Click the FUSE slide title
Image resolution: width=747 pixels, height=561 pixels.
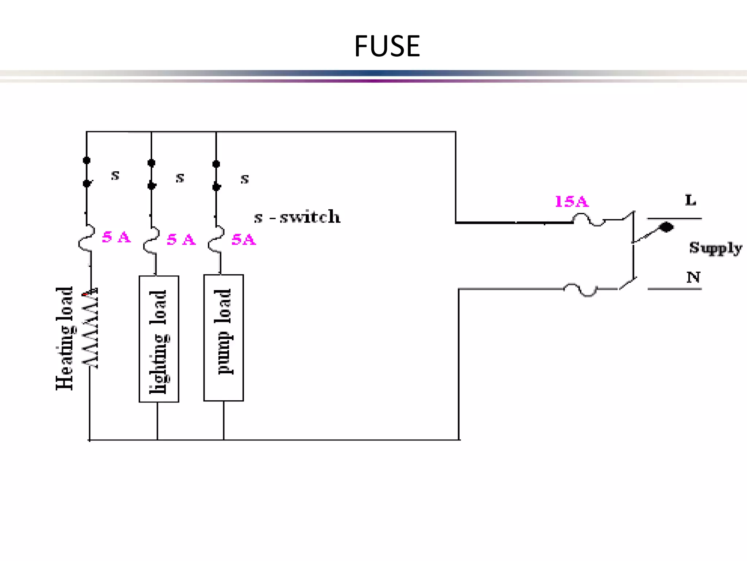point(387,46)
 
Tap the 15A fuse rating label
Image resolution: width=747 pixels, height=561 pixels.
point(571,202)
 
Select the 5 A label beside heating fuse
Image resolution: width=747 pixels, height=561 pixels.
point(116,237)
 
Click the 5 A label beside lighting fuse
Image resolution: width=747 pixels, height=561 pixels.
point(181,240)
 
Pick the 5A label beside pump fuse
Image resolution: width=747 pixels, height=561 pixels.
point(244,240)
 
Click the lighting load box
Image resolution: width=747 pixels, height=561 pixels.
point(159,339)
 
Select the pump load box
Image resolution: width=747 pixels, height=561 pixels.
point(223,338)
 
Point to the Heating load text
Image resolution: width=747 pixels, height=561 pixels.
point(65,338)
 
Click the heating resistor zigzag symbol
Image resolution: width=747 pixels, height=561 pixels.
point(90,329)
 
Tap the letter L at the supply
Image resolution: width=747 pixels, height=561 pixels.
point(690,200)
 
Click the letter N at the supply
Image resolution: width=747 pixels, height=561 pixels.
point(693,277)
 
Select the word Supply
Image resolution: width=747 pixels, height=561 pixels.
point(715,248)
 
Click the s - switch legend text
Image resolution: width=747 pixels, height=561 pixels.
point(297,217)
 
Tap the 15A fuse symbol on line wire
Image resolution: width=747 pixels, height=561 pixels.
point(588,220)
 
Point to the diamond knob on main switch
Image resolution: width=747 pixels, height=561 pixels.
point(666,227)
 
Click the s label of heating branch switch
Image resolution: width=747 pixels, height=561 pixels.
point(115,175)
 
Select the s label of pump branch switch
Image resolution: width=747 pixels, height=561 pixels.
point(244,179)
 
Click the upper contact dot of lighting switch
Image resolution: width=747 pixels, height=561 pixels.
point(151,163)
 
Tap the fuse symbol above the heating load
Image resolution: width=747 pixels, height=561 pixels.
point(87,238)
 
